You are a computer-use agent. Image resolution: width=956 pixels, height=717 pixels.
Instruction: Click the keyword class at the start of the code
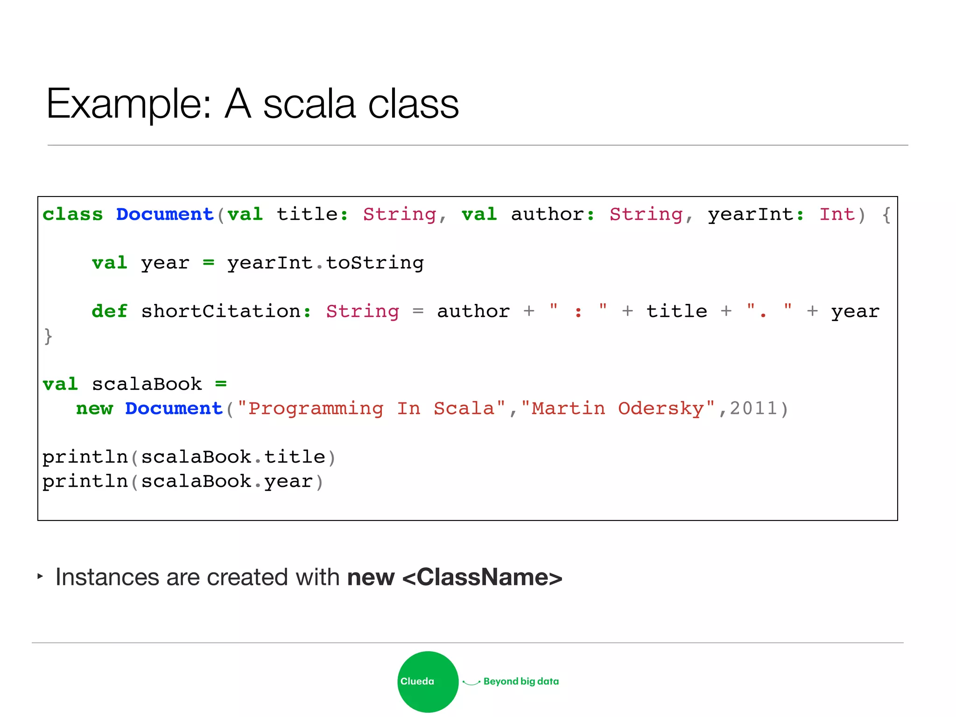pos(72,214)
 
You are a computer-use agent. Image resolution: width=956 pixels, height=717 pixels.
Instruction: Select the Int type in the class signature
pos(837,214)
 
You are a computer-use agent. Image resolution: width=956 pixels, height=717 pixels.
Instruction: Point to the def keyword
pos(109,311)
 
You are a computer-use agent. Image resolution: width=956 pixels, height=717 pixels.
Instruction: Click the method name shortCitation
pos(221,311)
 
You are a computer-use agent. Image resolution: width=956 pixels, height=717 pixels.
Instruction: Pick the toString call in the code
pos(375,263)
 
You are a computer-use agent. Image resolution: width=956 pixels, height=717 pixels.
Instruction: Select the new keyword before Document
pos(94,408)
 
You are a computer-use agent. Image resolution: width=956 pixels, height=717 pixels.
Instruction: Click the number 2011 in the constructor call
pos(753,408)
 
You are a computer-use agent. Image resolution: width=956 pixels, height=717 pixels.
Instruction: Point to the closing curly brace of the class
pos(48,336)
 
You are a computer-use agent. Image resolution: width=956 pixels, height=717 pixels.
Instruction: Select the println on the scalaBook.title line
pos(85,457)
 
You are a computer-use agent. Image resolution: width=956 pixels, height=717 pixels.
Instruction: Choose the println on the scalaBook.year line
pos(85,481)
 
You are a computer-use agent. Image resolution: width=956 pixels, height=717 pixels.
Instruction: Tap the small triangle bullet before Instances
pos(40,576)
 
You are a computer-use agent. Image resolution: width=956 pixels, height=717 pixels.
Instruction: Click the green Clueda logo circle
pos(428,682)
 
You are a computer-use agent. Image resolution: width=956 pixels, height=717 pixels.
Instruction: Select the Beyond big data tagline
pos(521,682)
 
